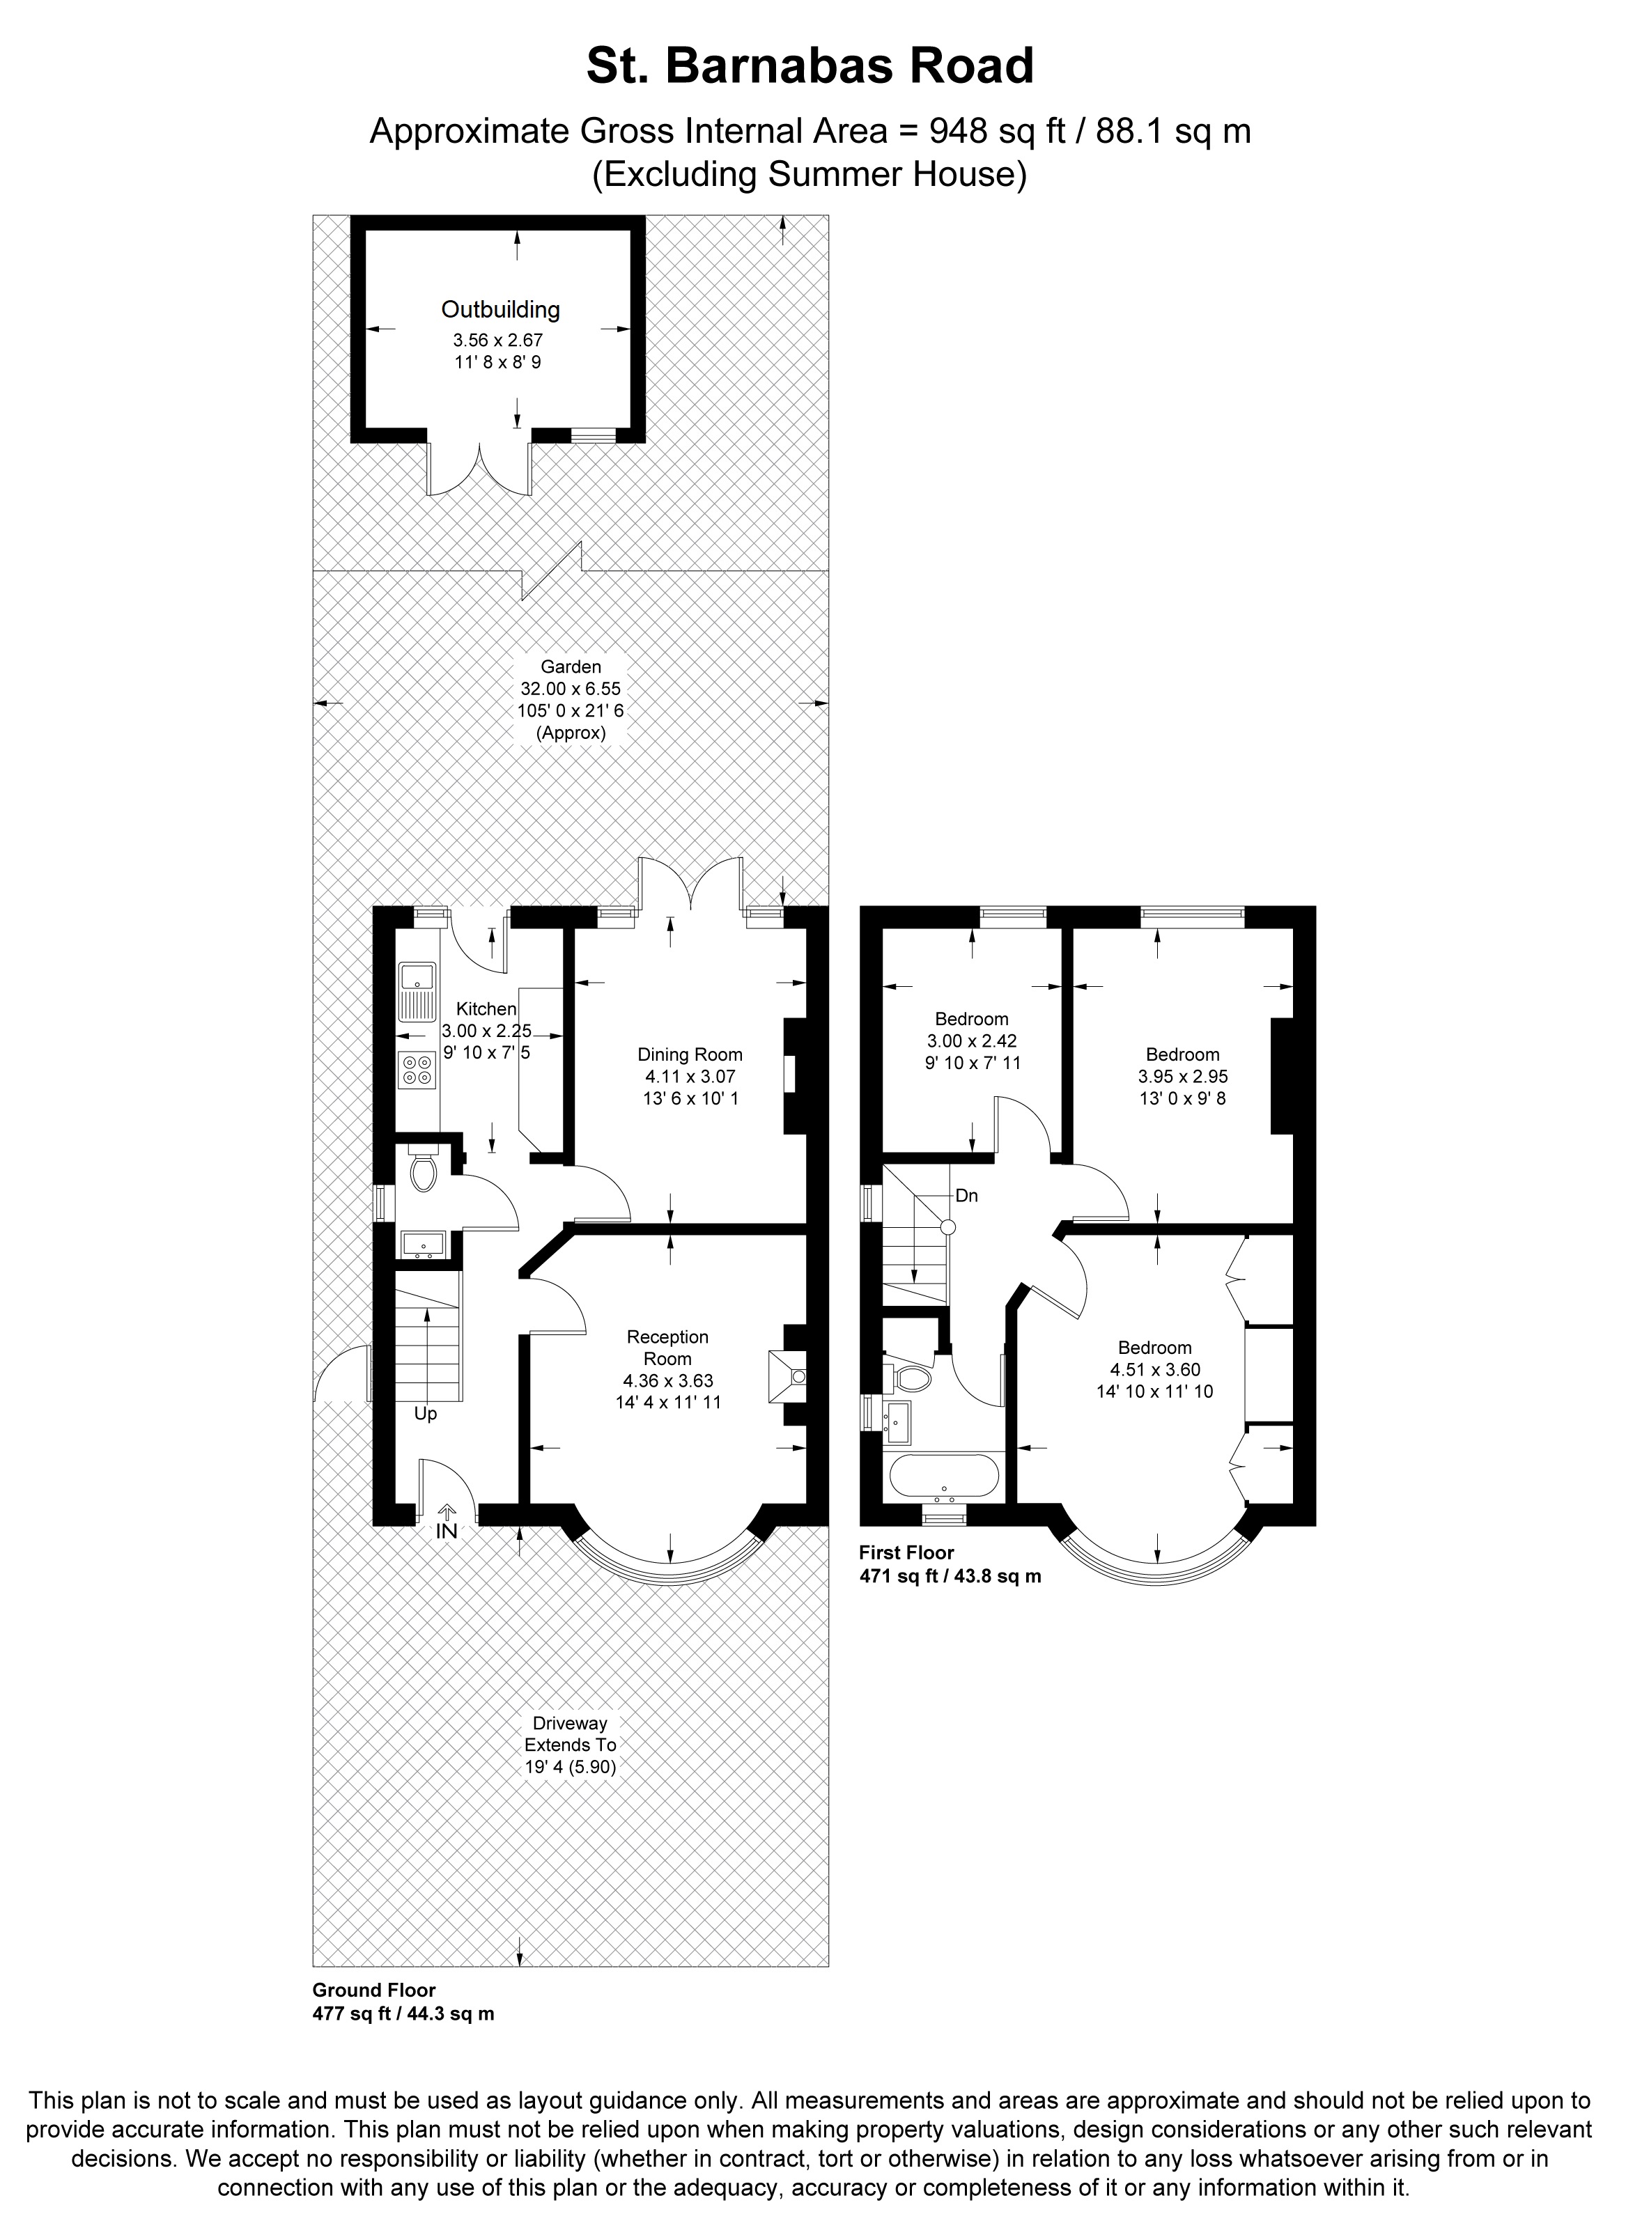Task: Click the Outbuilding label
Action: pos(500,310)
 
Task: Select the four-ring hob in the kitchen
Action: pos(417,1070)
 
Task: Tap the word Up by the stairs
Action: pos(425,1414)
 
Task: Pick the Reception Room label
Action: pos(667,1347)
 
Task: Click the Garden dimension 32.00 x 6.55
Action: pos(571,689)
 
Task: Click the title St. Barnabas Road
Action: pos(810,67)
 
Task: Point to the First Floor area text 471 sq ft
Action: pos(950,1575)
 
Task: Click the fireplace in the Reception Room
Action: pos(787,1376)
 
